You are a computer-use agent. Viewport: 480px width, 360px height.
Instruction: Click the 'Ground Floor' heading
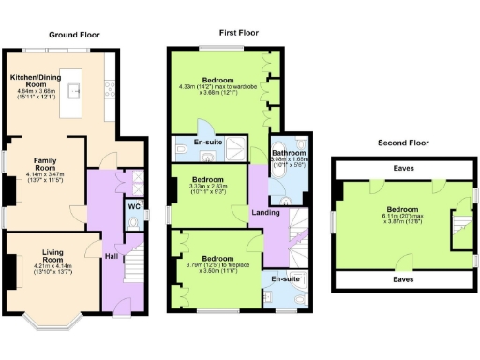(x=74, y=35)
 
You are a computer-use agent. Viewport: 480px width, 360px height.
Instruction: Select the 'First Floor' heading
(x=239, y=32)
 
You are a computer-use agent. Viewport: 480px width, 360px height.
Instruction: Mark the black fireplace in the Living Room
(x=10, y=273)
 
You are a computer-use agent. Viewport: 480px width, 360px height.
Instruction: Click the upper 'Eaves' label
(x=404, y=169)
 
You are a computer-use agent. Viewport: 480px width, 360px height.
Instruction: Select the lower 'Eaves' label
(x=404, y=279)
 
